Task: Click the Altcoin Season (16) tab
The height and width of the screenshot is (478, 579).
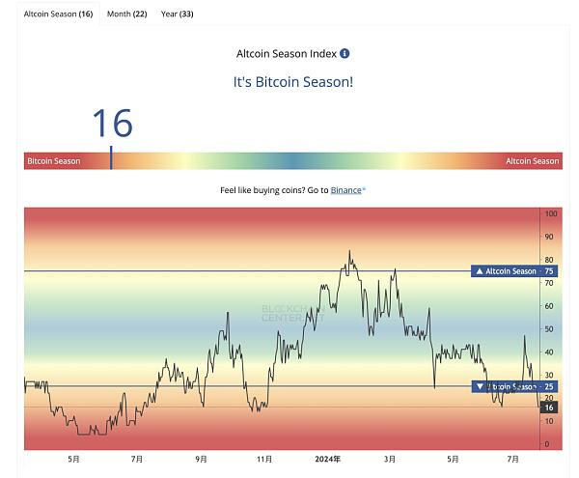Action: [58, 14]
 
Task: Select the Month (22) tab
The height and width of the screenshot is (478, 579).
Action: [126, 14]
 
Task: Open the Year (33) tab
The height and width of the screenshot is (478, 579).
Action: [177, 14]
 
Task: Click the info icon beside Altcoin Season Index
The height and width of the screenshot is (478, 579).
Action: [345, 54]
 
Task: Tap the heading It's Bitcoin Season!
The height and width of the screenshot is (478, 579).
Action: [293, 82]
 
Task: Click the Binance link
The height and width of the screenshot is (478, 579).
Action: [346, 190]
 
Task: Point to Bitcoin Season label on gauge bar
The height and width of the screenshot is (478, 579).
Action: [54, 161]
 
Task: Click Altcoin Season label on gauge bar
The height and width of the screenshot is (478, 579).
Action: [532, 161]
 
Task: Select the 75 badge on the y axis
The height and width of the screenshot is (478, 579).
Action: [550, 271]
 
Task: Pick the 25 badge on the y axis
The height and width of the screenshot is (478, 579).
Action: [550, 386]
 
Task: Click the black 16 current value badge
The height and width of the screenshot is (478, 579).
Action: [550, 408]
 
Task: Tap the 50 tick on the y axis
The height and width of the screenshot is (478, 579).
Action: [549, 329]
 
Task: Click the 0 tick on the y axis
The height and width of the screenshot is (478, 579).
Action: [547, 444]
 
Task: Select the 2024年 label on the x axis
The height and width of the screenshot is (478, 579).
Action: [328, 460]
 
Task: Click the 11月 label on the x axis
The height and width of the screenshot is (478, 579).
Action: [263, 460]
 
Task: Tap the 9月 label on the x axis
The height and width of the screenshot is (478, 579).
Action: [201, 460]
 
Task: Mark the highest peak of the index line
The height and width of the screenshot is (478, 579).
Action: [349, 252]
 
